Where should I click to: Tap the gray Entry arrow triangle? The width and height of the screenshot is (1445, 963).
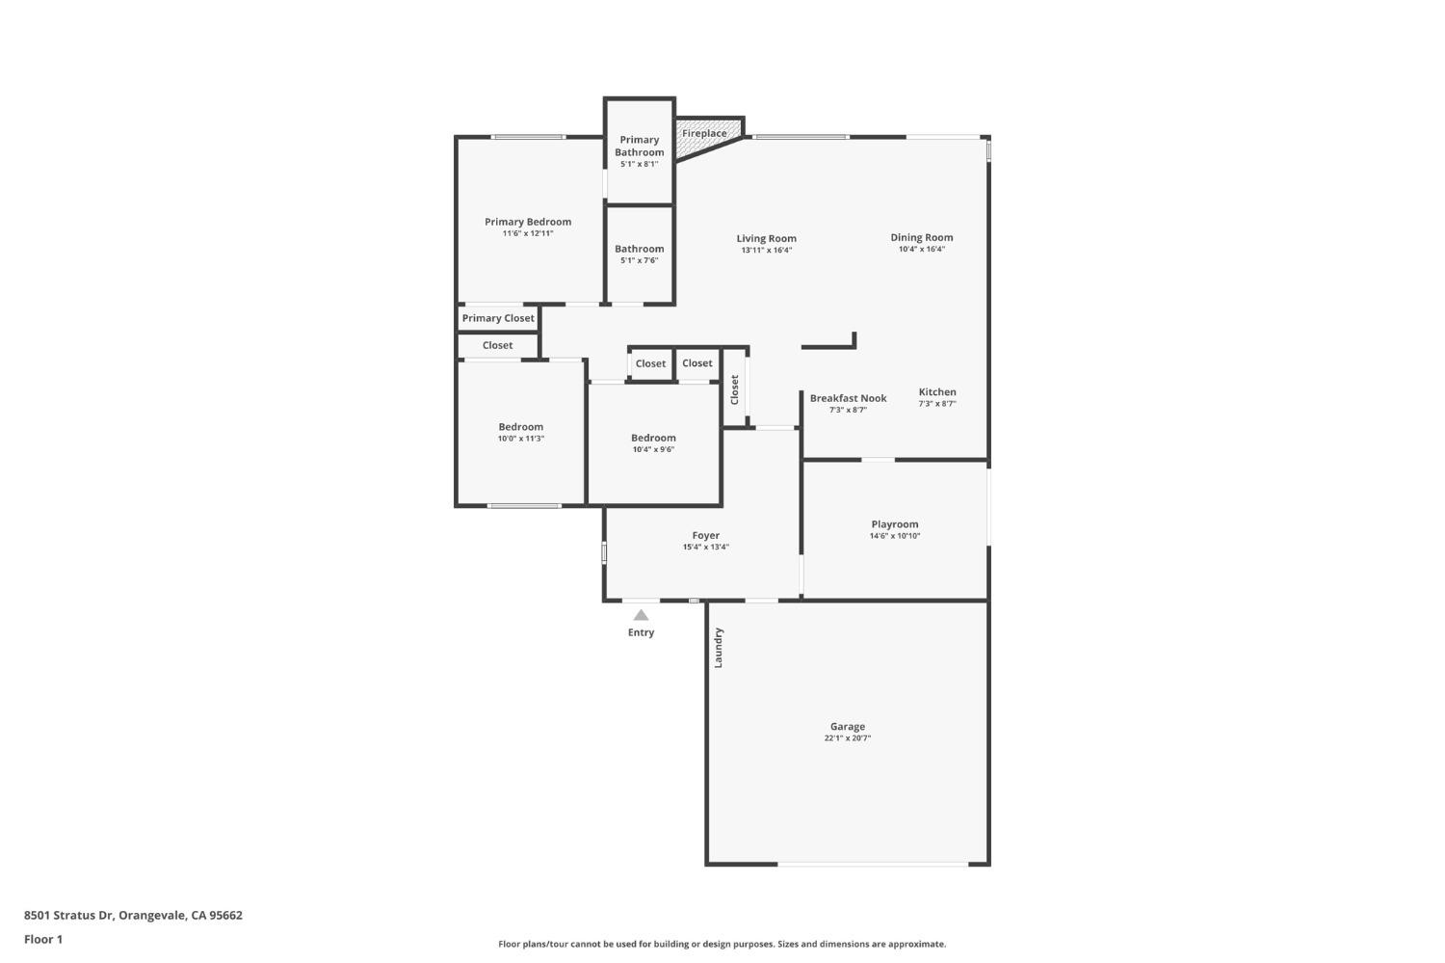click(641, 615)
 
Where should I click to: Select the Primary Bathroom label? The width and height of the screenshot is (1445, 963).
click(640, 146)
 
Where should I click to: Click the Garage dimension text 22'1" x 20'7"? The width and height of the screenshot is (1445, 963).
click(848, 738)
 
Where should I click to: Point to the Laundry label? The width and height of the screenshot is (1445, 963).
click(718, 648)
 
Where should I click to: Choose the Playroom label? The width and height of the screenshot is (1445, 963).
click(895, 524)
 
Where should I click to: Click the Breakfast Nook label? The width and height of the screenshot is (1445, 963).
click(848, 398)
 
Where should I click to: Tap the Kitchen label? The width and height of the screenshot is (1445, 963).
click(937, 392)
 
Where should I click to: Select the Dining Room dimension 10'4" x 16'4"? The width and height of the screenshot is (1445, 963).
click(922, 249)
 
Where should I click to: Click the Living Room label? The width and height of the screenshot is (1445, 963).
click(767, 238)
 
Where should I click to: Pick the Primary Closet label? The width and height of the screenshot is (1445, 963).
click(498, 318)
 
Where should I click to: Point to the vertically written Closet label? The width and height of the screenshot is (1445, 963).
click(734, 389)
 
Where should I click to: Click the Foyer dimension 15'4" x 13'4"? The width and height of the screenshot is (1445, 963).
click(706, 547)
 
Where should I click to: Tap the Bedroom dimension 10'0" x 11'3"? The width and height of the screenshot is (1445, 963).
click(521, 439)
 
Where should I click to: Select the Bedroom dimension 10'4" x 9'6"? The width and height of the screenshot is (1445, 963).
click(653, 449)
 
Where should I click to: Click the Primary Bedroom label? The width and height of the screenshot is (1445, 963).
click(528, 222)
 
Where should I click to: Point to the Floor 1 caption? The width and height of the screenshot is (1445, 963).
click(43, 939)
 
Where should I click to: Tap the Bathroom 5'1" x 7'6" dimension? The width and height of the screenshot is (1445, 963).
click(640, 260)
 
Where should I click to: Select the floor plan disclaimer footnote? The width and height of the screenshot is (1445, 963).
click(722, 944)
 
